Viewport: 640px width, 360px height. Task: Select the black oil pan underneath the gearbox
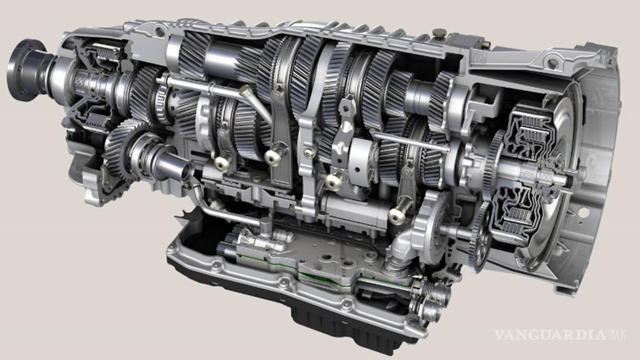286,302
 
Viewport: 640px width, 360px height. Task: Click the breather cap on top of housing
439,33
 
